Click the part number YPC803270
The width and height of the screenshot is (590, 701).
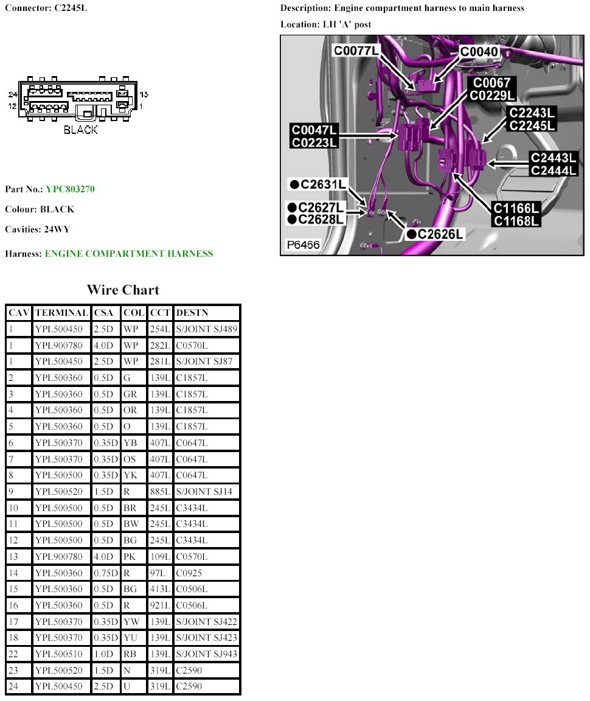pos(70,189)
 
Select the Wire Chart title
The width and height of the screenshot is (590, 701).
pos(123,290)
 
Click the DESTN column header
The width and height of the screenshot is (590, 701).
pos(192,313)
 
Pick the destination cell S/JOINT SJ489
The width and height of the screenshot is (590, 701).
pos(206,329)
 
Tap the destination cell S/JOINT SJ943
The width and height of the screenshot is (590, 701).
pos(206,654)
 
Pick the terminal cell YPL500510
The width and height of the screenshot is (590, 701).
pos(61,654)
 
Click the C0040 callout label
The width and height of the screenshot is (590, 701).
pos(479,52)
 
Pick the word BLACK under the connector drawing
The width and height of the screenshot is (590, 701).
pos(80,130)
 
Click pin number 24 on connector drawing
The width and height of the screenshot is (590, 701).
pos(13,94)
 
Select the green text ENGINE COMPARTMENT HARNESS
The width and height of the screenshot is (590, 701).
pos(129,254)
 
